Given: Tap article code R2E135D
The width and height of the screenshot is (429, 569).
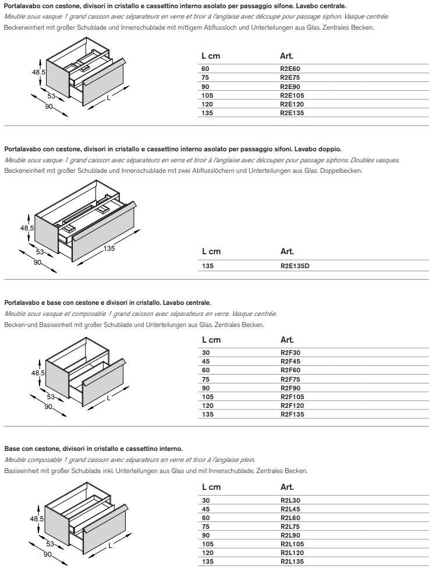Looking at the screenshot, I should tap(295, 266).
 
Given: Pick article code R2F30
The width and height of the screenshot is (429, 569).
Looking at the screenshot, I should tap(289, 353).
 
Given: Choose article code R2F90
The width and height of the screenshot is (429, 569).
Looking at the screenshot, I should tap(289, 388).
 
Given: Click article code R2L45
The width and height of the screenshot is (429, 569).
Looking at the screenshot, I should tap(289, 509).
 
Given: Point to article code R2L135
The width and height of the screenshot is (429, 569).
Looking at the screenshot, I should tap(292, 561).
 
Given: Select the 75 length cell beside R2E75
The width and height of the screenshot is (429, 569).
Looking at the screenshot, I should tap(205, 77).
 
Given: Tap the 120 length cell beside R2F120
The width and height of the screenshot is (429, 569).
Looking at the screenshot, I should tap(207, 406).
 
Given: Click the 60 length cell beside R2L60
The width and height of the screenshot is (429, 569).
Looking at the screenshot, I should tap(205, 518).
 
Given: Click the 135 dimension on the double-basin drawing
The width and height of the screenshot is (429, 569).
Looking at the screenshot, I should tap(109, 248).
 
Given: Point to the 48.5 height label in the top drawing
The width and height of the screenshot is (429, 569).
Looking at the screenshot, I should tap(38, 72).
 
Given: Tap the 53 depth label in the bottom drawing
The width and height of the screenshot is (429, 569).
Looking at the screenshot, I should tap(51, 544).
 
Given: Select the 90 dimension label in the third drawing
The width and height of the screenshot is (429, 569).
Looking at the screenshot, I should tap(49, 406).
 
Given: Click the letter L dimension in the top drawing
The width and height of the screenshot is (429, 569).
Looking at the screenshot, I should tap(108, 98).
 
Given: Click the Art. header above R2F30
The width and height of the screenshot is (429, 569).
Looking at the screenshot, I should tap(286, 340).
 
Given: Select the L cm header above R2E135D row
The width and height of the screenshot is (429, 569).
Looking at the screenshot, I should tap(211, 251).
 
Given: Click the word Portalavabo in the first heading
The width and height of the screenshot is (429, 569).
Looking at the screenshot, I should tap(21, 6).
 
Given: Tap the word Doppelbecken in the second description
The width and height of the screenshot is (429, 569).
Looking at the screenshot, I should tap(343, 171).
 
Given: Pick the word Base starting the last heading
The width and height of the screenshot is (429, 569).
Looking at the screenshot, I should tap(12, 449).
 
